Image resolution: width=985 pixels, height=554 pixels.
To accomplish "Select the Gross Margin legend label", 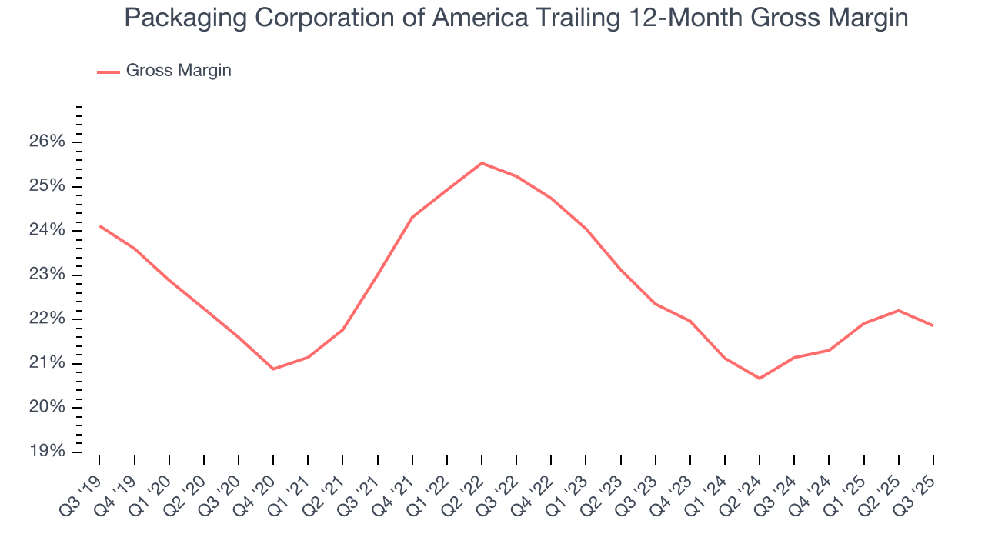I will [179, 71].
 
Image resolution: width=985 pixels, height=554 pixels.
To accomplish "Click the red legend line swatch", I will [109, 72].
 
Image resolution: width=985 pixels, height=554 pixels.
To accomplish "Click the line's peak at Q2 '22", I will [482, 163].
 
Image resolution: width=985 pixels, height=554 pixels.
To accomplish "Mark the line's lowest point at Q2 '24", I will [760, 378].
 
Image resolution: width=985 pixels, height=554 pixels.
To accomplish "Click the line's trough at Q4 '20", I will [273, 369].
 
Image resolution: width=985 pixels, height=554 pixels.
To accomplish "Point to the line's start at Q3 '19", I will [100, 225].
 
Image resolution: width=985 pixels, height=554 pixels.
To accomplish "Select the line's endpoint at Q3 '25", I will [933, 325].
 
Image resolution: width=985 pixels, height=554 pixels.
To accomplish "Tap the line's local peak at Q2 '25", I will [898, 310].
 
